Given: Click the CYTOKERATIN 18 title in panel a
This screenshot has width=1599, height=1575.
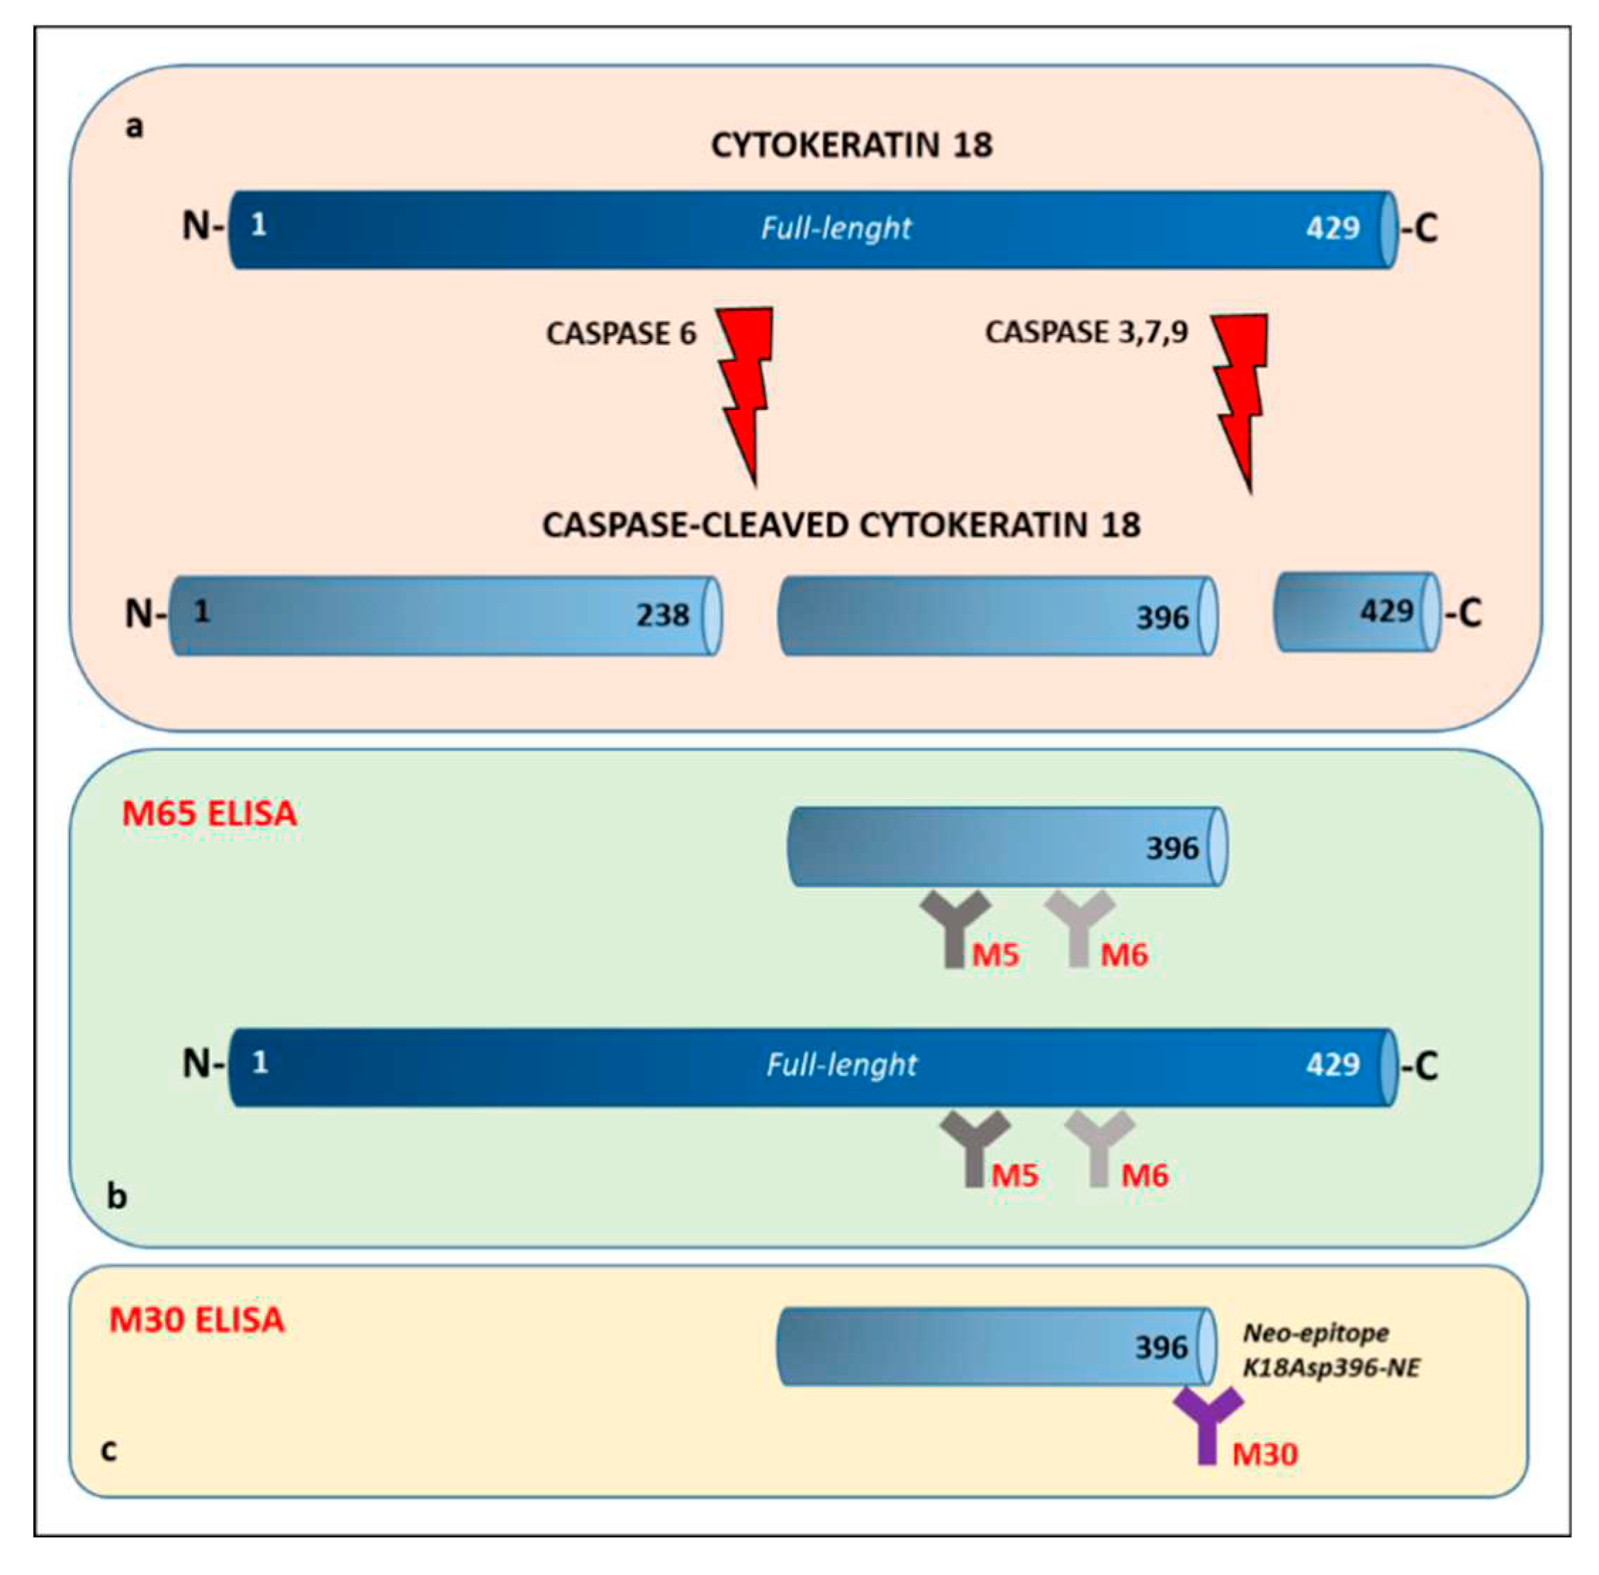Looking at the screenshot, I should (x=851, y=145).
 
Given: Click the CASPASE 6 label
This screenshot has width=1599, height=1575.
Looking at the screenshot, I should (x=620, y=333).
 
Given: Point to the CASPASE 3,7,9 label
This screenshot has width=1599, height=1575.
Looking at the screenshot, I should (x=1086, y=332).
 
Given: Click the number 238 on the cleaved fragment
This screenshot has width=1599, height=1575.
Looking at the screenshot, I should (x=661, y=616).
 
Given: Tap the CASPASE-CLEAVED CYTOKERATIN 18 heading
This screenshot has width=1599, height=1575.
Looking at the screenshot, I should (x=840, y=525).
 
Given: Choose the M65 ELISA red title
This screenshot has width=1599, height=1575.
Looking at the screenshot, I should (x=208, y=813).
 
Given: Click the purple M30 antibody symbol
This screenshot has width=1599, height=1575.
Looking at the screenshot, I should (x=1207, y=1422).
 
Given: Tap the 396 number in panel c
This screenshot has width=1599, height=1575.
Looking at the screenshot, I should (x=1160, y=1347).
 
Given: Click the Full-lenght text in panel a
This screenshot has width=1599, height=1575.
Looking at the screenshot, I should (x=835, y=228).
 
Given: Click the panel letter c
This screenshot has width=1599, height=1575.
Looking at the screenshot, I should (x=108, y=1450).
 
